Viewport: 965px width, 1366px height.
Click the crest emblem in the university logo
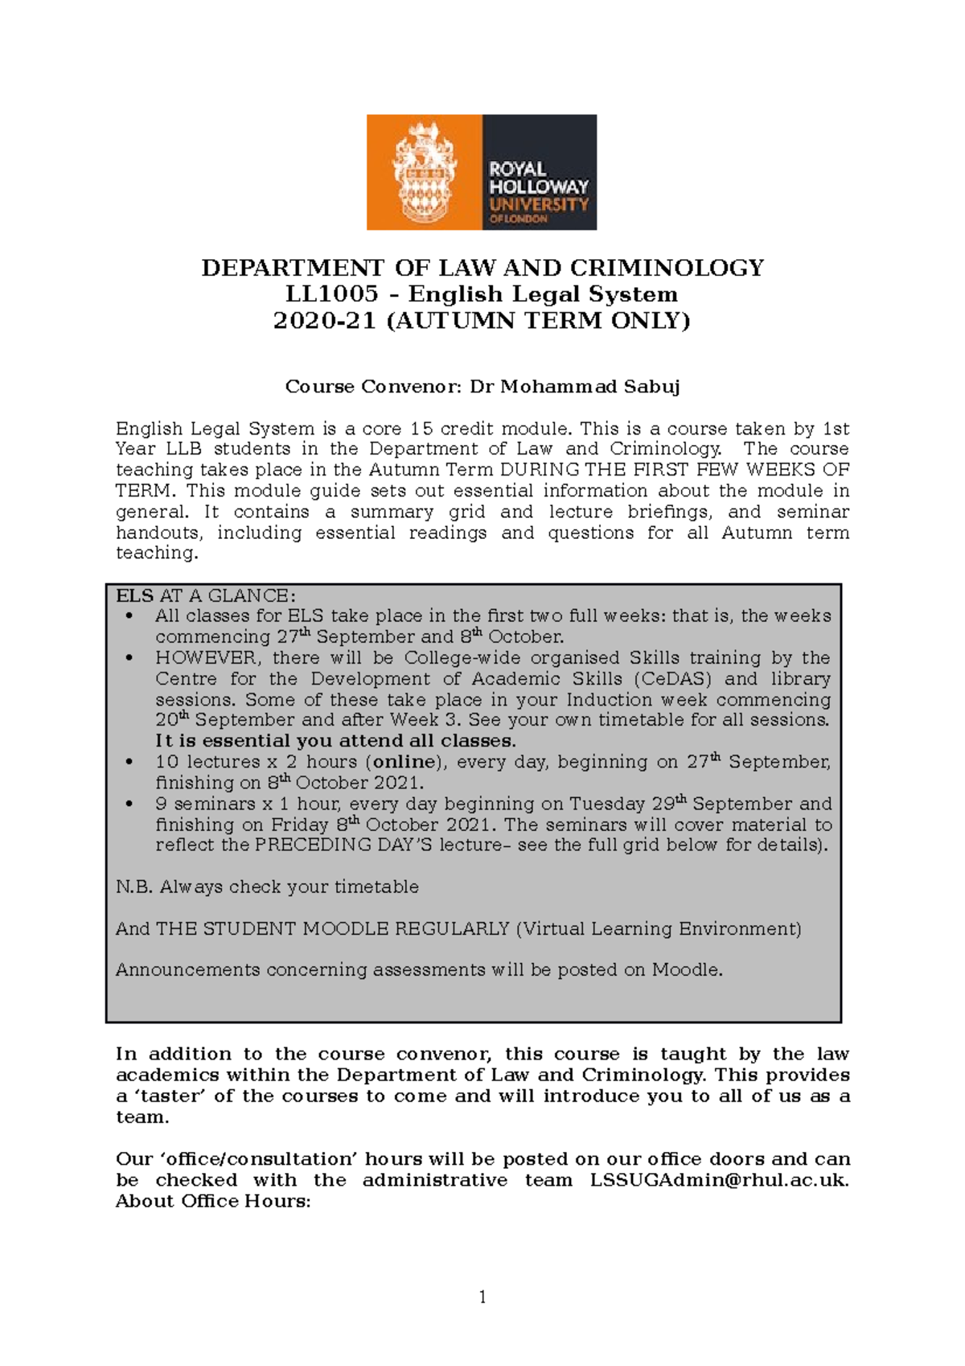pos(424,172)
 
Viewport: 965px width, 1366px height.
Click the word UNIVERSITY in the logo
pos(539,204)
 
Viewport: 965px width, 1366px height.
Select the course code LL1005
pos(332,294)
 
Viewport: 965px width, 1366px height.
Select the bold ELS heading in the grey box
pos(134,596)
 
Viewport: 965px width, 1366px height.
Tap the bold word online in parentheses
pos(404,762)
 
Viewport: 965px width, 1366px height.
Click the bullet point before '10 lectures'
pos(129,762)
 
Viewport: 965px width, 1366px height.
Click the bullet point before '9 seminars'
pos(129,804)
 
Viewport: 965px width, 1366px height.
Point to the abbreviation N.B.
pos(134,887)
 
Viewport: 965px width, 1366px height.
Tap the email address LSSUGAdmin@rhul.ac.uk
pos(718,1180)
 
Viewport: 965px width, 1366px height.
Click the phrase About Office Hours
pos(213,1201)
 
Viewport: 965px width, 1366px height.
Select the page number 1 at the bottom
pos(482,1297)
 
